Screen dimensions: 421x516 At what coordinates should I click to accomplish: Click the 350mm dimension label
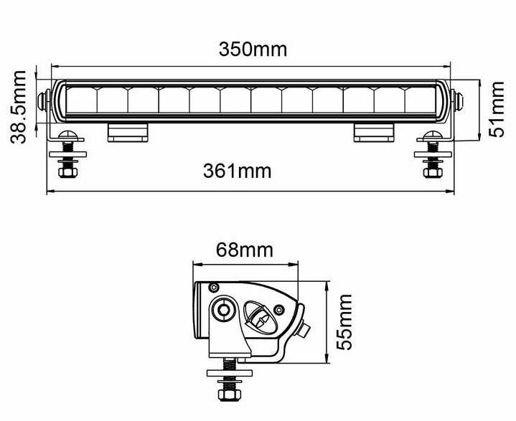pyautogui.click(x=253, y=49)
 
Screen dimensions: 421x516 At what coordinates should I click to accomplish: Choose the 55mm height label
pyautogui.click(x=345, y=321)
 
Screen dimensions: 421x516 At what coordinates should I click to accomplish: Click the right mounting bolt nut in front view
pyautogui.click(x=431, y=171)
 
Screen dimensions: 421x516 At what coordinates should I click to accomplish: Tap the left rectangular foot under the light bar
pyautogui.click(x=128, y=132)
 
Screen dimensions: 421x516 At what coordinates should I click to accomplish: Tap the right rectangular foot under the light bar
pyautogui.click(x=374, y=132)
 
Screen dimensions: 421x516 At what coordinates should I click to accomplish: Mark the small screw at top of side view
pyautogui.click(x=212, y=287)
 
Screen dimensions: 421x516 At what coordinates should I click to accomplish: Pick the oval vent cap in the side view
pyautogui.click(x=258, y=316)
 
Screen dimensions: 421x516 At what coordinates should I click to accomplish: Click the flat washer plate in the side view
pyautogui.click(x=229, y=372)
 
